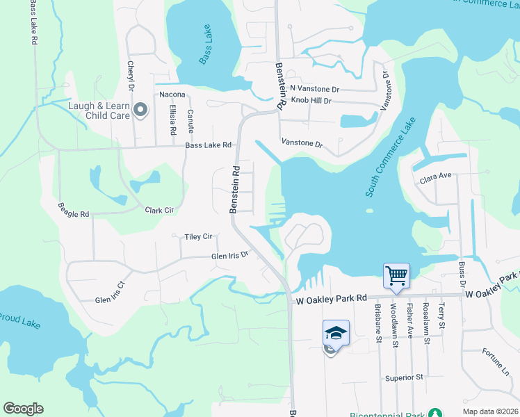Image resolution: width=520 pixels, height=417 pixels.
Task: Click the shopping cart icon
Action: coord(396,275)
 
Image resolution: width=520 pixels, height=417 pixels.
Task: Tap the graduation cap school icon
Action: coord(336,333)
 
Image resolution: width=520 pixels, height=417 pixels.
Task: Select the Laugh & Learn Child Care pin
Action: coord(141,109)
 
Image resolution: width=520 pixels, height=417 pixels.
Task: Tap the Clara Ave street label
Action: coord(436,178)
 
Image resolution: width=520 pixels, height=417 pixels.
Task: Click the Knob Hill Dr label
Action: coord(311,101)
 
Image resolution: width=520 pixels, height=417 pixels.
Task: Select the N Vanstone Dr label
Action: coord(314,89)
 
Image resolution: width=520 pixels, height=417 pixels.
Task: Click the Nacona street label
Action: coord(172,94)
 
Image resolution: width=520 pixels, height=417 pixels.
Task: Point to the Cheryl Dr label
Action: coord(130,75)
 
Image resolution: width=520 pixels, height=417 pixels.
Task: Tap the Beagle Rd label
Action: coord(74,211)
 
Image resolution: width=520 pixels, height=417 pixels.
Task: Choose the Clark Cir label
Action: coord(159,210)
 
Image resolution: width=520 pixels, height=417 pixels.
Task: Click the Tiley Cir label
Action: coord(198,237)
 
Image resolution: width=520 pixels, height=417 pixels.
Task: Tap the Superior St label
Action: coord(405,377)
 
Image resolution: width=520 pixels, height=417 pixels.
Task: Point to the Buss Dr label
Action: coord(462,275)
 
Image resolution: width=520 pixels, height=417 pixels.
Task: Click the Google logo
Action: coord(23,409)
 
